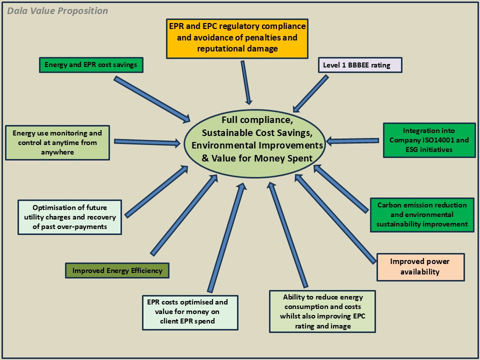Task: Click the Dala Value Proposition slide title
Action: pos(57,11)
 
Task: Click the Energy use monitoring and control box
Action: pos(57,142)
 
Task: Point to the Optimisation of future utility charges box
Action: pos(69,217)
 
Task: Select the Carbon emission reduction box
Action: pos(421,214)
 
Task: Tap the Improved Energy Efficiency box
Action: pos(117,270)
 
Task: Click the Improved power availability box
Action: pos(420,267)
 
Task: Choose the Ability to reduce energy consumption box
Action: pos(322,311)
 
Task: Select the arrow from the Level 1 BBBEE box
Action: pos(311,93)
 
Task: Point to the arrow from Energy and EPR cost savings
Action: pos(152,99)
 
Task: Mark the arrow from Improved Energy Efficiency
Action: pos(184,208)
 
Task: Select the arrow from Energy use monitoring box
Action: pos(147,142)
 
